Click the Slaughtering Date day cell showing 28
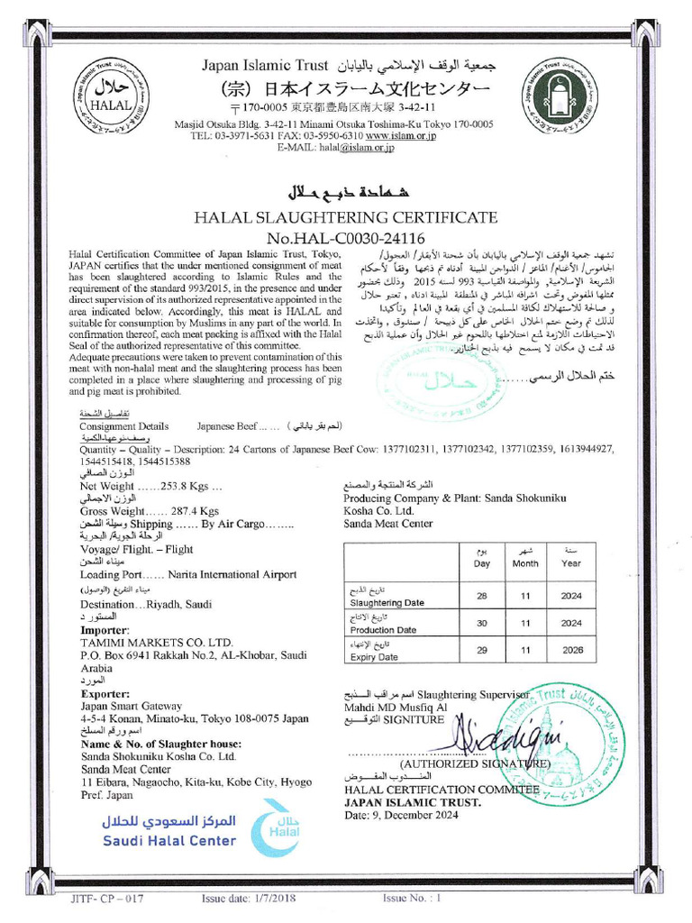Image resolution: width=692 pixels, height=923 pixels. click(481, 597)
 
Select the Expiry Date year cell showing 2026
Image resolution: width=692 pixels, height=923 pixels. click(571, 650)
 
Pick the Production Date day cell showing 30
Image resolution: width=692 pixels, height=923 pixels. click(481, 623)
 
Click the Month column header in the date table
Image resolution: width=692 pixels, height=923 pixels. click(525, 563)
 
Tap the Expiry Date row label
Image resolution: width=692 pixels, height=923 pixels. click(374, 657)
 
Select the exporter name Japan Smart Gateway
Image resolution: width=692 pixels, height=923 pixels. click(132, 706)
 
